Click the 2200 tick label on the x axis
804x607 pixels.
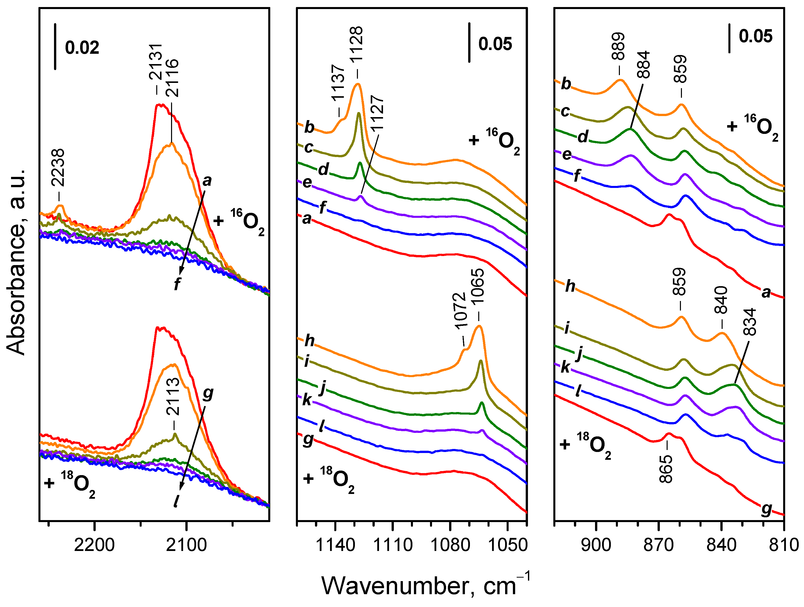[x=94, y=545]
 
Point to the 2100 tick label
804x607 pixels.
[x=186, y=545]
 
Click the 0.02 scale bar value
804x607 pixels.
[x=82, y=48]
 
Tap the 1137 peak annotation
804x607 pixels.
[x=338, y=83]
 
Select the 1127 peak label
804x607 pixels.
[x=377, y=113]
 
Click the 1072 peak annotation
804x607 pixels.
[x=460, y=311]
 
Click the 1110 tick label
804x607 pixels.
[x=393, y=545]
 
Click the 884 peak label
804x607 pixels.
[x=643, y=65]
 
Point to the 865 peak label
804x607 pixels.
[x=666, y=469]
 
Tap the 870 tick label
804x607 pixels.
[x=659, y=545]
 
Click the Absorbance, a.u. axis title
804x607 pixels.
[x=16, y=262]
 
